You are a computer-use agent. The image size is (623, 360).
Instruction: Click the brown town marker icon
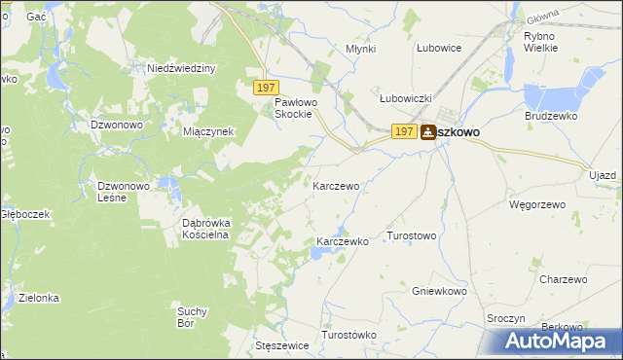tap(428, 132)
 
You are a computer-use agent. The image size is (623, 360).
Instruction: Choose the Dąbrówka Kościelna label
tap(205, 228)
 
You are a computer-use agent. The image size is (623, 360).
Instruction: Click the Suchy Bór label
tap(193, 317)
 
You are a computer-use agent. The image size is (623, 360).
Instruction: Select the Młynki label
tap(361, 48)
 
